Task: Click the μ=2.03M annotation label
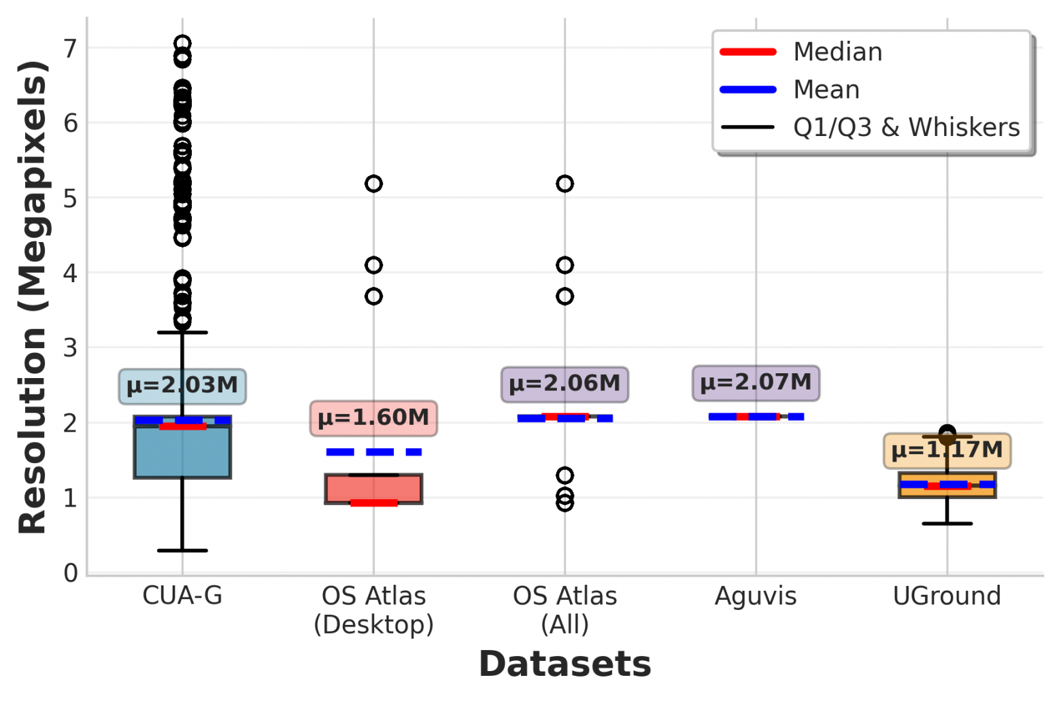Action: (x=182, y=386)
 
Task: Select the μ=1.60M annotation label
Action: (x=373, y=417)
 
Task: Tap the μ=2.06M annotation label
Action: (x=565, y=383)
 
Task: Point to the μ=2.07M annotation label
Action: (x=756, y=382)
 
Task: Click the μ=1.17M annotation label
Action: (x=947, y=450)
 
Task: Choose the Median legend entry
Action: (x=837, y=52)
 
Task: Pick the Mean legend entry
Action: (x=826, y=90)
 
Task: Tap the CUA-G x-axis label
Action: (x=182, y=596)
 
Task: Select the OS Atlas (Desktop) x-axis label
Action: (x=373, y=610)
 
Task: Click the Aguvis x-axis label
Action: (x=756, y=596)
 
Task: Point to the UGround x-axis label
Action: (x=947, y=596)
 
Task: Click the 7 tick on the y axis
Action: (x=71, y=48)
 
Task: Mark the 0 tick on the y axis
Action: (x=71, y=573)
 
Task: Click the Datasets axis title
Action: (x=565, y=664)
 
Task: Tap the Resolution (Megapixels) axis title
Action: (x=33, y=297)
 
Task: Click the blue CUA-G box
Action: (x=182, y=452)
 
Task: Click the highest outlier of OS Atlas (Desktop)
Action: (x=373, y=184)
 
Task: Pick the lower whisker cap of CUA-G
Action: (x=182, y=550)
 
